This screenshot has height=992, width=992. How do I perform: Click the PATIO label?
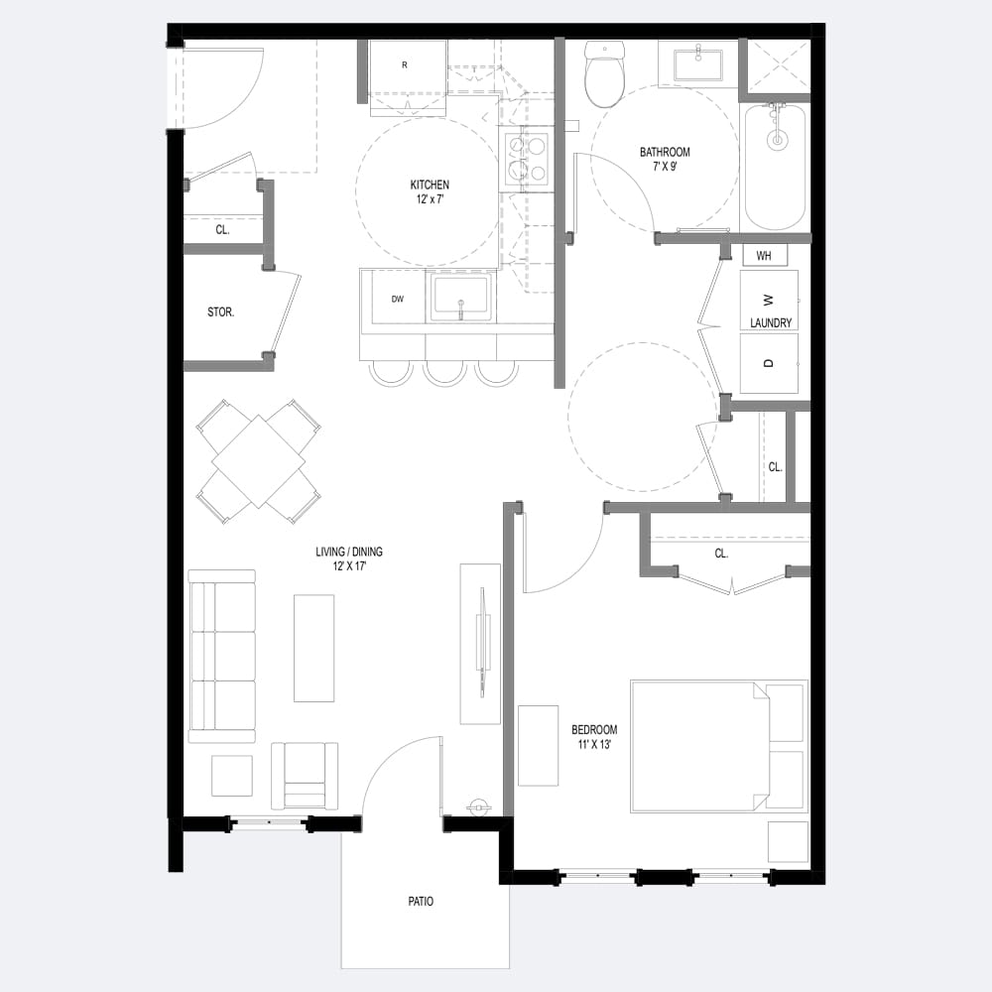(421, 901)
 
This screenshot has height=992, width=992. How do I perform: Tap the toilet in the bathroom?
(604, 74)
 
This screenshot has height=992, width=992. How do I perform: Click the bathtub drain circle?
(777, 140)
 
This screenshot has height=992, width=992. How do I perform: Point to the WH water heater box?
(764, 256)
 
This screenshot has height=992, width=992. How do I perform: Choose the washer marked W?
(769, 300)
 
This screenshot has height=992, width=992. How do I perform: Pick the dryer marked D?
(769, 363)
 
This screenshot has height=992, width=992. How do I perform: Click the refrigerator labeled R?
(408, 77)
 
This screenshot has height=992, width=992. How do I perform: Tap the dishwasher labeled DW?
(398, 298)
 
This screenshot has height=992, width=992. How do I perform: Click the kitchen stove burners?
(528, 158)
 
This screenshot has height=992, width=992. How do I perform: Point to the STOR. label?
(221, 311)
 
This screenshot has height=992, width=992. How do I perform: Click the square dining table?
(259, 461)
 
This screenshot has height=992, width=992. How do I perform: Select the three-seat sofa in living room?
(222, 656)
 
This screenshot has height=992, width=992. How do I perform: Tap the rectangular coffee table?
(313, 648)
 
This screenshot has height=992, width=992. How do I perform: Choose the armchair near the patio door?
(305, 777)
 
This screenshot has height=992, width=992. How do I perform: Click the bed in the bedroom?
(719, 747)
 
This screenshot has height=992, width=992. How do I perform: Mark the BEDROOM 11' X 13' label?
(594, 737)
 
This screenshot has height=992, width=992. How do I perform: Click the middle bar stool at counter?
(444, 373)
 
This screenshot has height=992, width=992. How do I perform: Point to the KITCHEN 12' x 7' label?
(430, 191)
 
